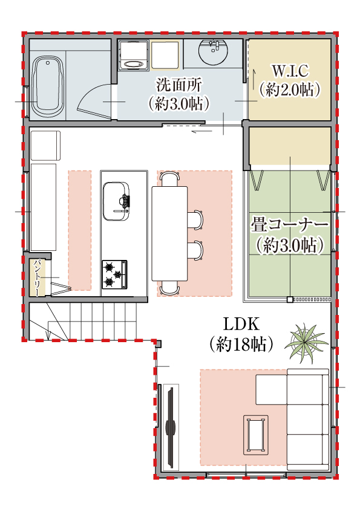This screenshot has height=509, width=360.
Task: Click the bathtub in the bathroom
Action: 48,87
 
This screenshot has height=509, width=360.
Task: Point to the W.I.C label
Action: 290,70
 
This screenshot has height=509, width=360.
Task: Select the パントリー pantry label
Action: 37,277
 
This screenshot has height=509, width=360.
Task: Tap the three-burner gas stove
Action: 114,273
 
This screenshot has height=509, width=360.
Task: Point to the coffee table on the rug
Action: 256,434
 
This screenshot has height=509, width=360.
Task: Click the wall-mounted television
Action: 171,427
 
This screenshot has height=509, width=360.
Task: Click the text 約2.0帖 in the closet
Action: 290,89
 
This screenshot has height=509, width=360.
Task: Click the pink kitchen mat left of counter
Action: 79,230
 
